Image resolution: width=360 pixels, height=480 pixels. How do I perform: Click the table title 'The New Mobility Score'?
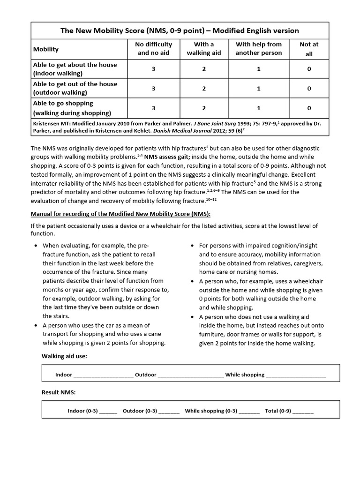[180, 30]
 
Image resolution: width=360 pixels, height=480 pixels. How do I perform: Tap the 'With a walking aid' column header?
[204, 49]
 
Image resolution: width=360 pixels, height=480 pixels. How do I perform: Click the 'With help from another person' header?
[259, 49]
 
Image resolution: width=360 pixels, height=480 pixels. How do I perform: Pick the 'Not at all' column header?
[309, 49]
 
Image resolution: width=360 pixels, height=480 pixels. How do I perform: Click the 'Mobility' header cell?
[46, 49]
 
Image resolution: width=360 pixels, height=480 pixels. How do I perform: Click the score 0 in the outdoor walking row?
[309, 88]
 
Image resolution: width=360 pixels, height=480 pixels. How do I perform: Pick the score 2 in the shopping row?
[204, 108]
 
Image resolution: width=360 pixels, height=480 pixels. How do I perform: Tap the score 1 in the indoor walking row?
[259, 69]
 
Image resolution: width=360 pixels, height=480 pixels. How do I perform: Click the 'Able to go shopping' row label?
[63, 103]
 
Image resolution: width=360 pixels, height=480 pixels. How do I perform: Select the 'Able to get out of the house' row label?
[75, 84]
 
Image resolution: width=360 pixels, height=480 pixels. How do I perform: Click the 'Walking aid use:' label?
[64, 356]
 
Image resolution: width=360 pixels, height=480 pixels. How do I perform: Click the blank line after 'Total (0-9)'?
[303, 412]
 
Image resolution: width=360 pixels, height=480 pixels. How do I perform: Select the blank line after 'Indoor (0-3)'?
[108, 412]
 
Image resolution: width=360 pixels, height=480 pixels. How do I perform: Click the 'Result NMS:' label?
[59, 392]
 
